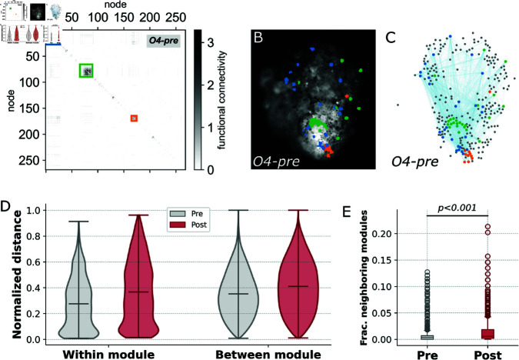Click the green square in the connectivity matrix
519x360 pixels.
point(88,70)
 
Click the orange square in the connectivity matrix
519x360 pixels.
point(134,118)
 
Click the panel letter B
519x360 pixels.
point(258,35)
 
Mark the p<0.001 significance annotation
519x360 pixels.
point(457,208)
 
